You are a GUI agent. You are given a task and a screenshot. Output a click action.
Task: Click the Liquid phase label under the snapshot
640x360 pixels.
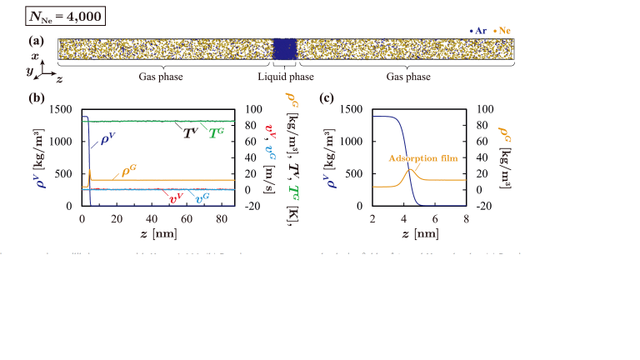pyautogui.click(x=286, y=77)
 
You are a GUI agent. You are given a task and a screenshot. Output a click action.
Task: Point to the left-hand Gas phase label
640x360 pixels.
pyautogui.click(x=161, y=77)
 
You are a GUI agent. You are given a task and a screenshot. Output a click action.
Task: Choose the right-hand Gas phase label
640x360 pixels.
pyautogui.click(x=408, y=77)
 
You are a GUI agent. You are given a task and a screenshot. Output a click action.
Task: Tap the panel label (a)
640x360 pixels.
pyautogui.click(x=36, y=40)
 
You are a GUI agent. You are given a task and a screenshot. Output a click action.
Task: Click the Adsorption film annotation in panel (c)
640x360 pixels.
pyautogui.click(x=418, y=157)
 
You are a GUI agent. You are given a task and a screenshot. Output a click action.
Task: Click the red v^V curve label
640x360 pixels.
pyautogui.click(x=176, y=198)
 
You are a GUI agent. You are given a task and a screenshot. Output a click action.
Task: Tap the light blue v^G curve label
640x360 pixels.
pyautogui.click(x=202, y=198)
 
